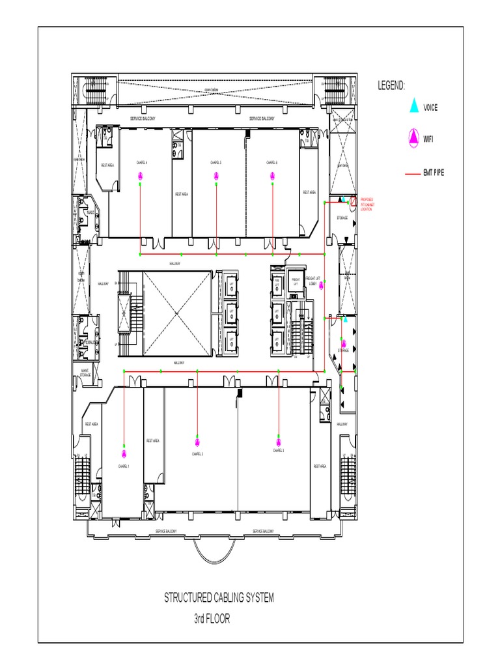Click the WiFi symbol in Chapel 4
tap(140, 175)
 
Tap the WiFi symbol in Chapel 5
tap(215, 175)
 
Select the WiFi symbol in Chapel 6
tap(272, 175)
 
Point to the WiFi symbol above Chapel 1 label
tap(123, 453)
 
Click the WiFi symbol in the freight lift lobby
tap(320, 285)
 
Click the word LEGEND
tap(391, 85)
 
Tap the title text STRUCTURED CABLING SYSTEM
tap(219, 598)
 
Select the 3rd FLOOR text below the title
tap(212, 619)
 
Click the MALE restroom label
tap(90, 212)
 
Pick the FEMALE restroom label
tap(90, 342)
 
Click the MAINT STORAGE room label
tap(85, 373)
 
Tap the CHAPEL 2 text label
tap(197, 454)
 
